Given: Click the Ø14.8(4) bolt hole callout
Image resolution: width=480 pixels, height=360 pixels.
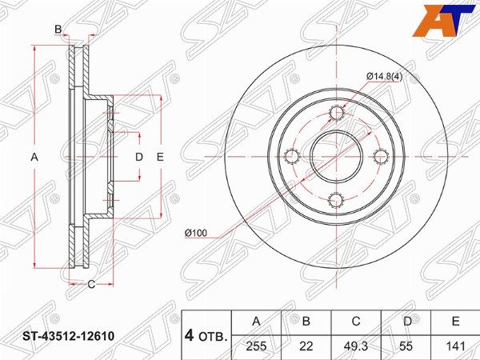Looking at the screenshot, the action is (x=385, y=77).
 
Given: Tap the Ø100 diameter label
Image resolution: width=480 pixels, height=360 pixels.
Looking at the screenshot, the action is (x=196, y=234).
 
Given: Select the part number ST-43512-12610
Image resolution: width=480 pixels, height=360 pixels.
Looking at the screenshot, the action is (x=68, y=336).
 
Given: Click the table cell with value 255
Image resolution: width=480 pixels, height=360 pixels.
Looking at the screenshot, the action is (x=257, y=346).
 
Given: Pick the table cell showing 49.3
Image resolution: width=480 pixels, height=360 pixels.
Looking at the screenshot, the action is (x=356, y=346).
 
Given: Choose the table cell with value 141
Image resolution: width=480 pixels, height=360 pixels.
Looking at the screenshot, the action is (x=456, y=346).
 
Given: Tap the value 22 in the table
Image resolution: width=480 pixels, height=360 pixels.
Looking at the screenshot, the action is (x=306, y=346).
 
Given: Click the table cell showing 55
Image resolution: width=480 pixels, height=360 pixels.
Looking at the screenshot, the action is (x=406, y=346).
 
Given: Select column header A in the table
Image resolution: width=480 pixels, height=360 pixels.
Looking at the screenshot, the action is (x=257, y=322).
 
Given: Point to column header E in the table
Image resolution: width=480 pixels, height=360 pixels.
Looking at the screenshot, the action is (x=456, y=322).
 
